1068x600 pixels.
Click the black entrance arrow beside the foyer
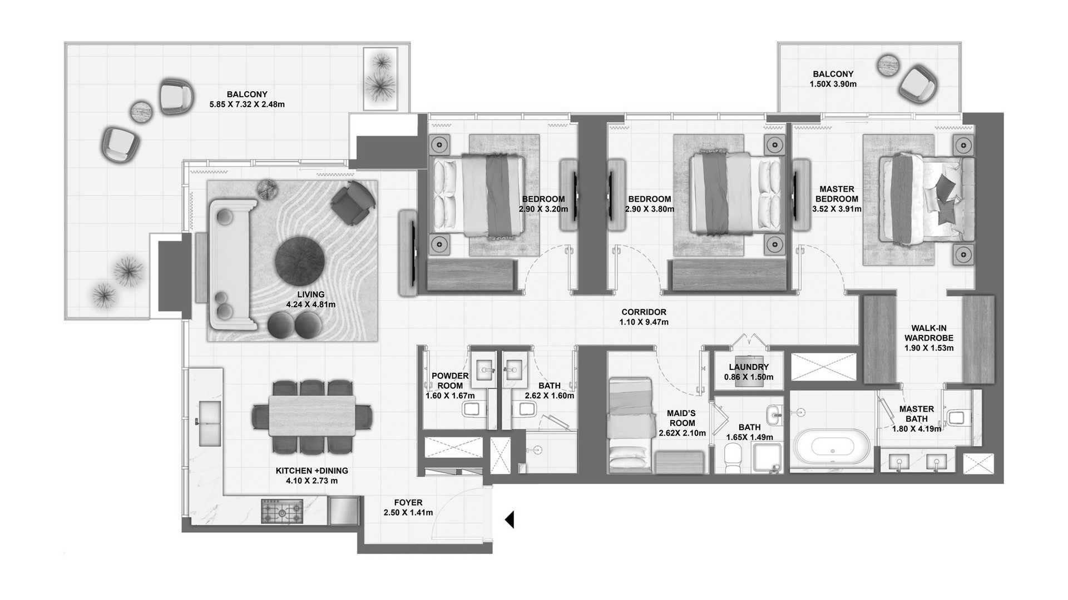click(x=509, y=520)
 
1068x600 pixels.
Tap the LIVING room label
click(x=311, y=294)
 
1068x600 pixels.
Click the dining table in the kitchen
click(x=312, y=416)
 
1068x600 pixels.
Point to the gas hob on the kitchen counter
click(x=283, y=511)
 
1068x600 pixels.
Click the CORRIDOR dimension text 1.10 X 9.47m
click(x=644, y=322)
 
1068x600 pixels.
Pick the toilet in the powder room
click(x=472, y=410)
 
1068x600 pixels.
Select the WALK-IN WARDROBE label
click(x=929, y=333)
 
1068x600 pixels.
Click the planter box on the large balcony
click(x=380, y=79)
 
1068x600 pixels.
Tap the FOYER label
click(x=408, y=503)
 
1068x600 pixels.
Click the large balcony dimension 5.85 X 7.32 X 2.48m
click(x=247, y=104)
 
